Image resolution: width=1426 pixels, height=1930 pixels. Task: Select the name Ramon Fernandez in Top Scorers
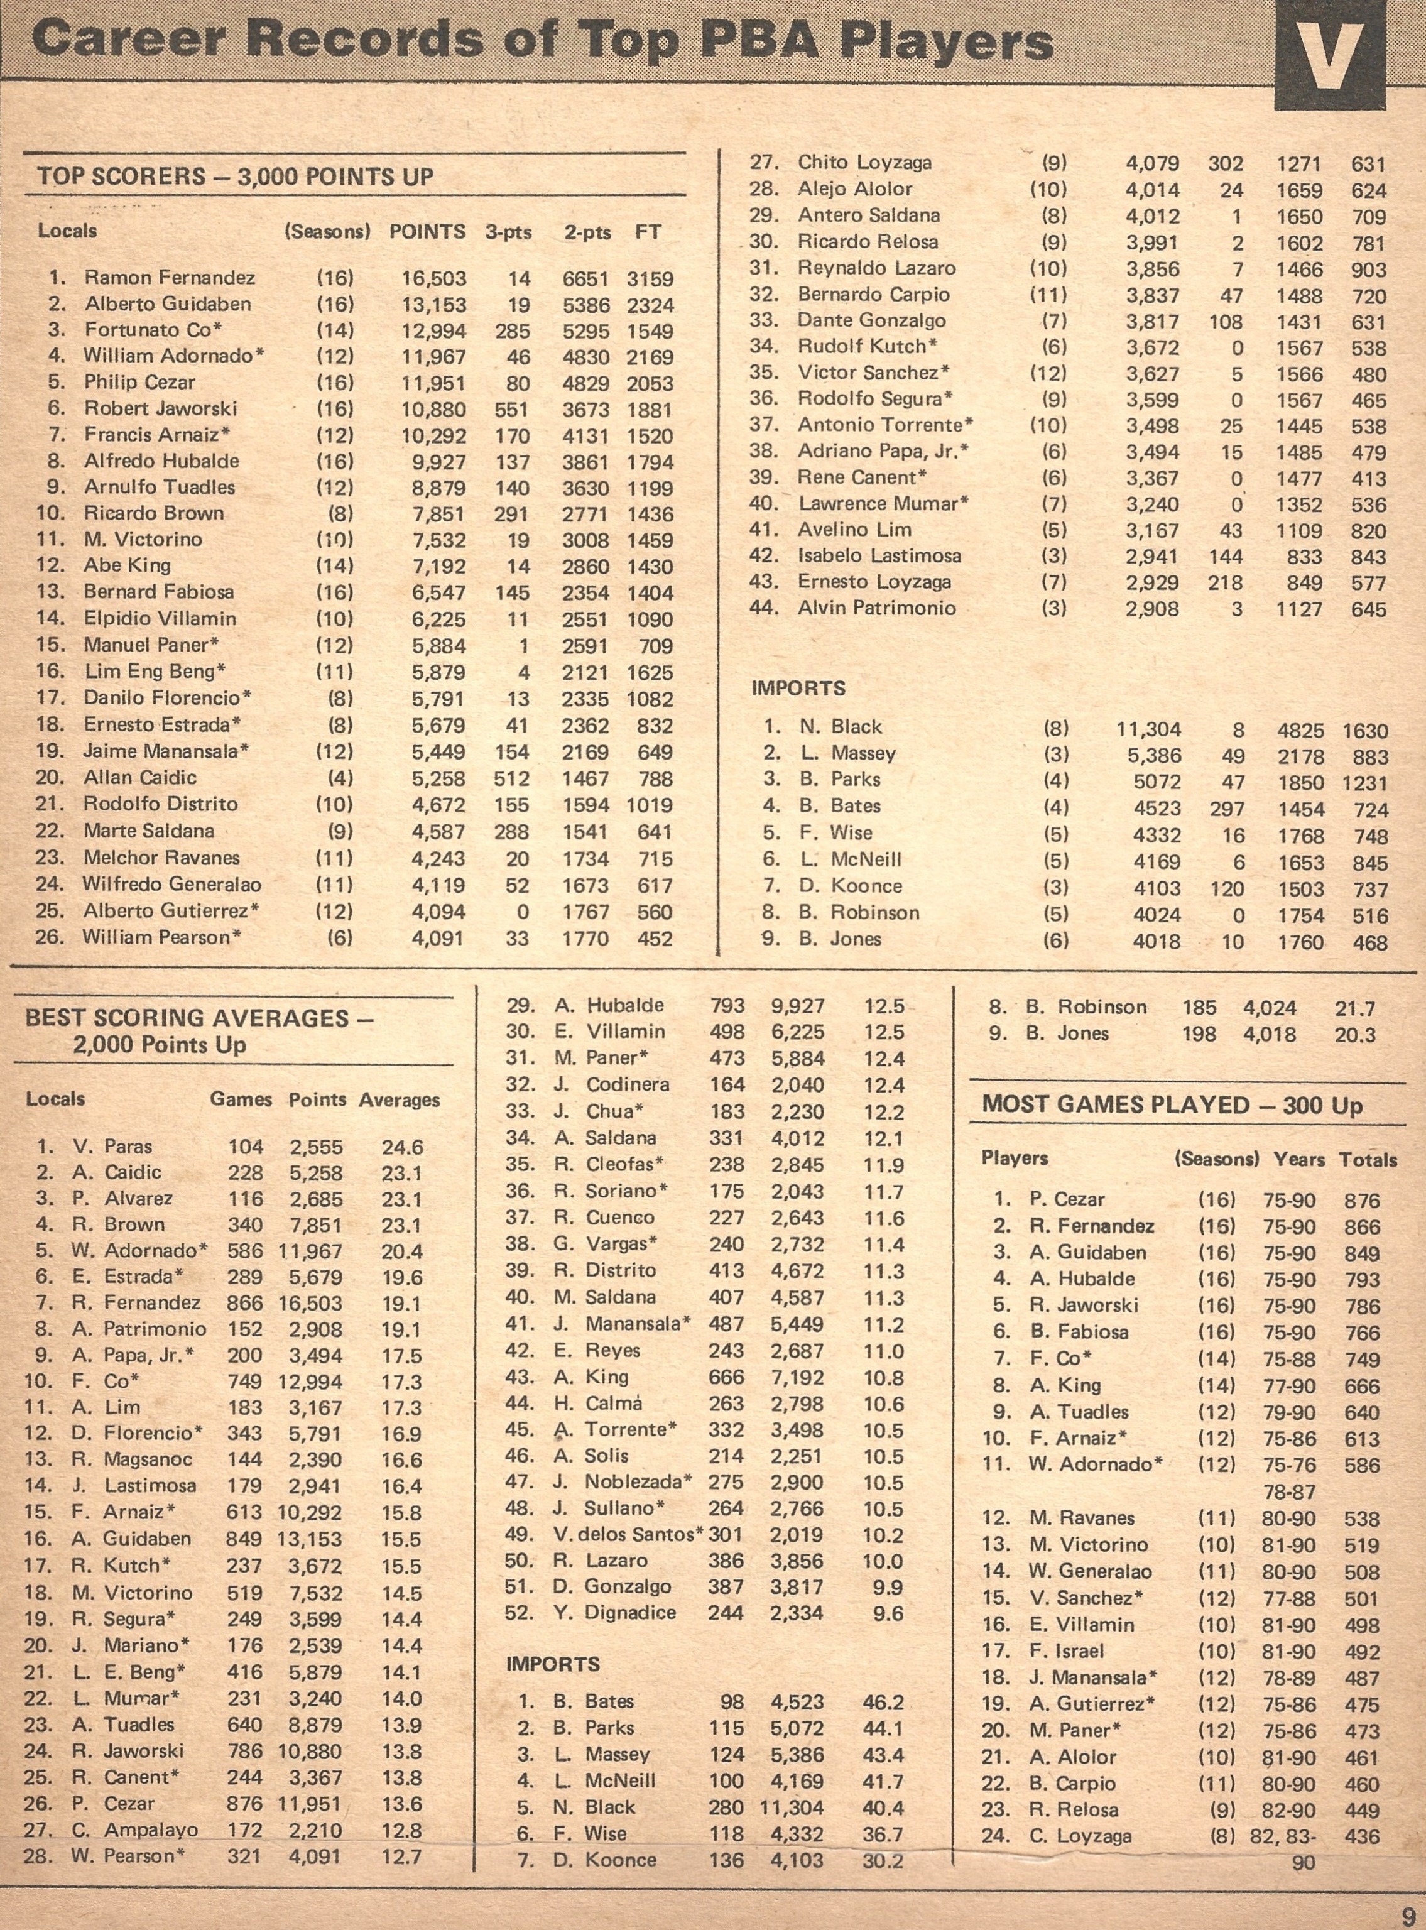click(x=169, y=278)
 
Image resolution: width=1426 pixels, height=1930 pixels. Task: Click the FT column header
click(x=648, y=232)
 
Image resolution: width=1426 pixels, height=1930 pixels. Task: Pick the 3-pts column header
click(x=508, y=232)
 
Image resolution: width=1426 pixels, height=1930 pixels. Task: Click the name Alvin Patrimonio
click(x=876, y=608)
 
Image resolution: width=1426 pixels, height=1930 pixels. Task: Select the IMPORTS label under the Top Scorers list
click(x=798, y=689)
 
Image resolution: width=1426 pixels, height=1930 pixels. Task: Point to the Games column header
click(x=241, y=1099)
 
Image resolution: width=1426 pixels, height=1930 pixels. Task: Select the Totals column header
click(x=1368, y=1159)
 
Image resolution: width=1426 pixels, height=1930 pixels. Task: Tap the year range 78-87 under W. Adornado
click(x=1289, y=1491)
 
